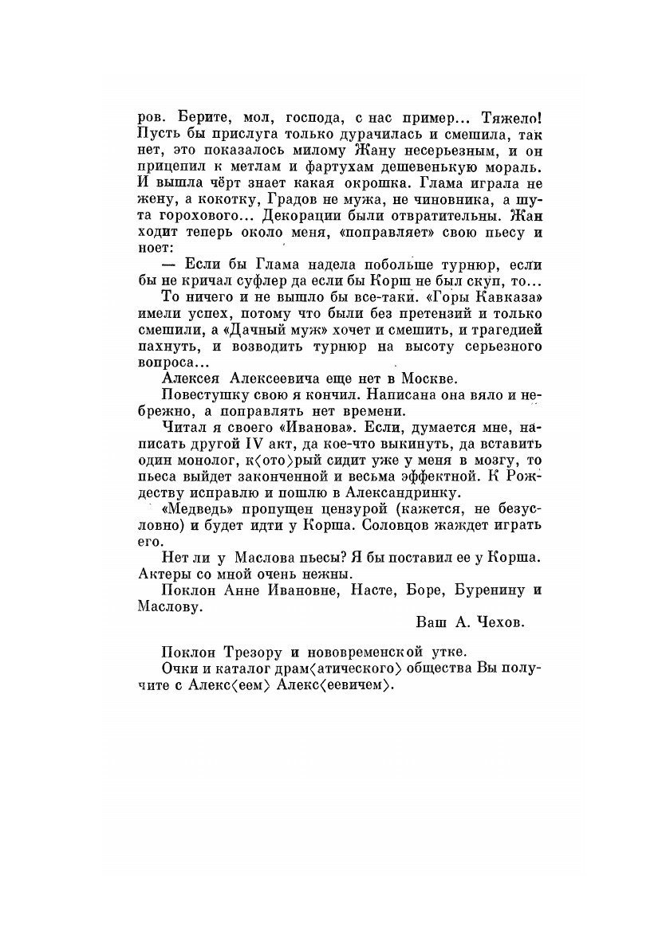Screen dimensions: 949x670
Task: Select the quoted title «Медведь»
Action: coord(195,508)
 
